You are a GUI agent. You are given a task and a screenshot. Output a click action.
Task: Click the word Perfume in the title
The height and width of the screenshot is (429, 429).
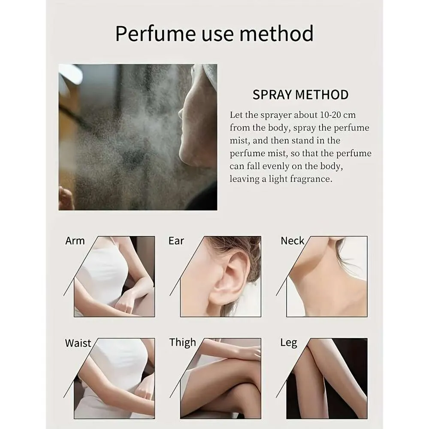(x=155, y=33)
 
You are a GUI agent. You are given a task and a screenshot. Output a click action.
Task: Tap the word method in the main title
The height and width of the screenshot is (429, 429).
(x=276, y=33)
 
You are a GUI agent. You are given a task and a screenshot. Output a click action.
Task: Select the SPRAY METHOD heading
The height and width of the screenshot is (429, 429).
(x=300, y=95)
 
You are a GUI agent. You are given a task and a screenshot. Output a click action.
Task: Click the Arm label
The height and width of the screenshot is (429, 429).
(x=75, y=241)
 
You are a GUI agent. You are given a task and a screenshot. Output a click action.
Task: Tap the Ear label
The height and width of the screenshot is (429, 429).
(x=176, y=241)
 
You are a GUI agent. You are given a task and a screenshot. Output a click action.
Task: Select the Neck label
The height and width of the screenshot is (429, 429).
(x=292, y=241)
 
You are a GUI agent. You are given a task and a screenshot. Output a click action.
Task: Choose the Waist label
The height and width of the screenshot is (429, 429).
(x=78, y=343)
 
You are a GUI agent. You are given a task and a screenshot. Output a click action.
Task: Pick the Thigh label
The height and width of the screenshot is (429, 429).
(x=182, y=343)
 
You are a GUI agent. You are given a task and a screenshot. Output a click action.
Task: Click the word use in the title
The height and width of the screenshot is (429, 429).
(x=218, y=34)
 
